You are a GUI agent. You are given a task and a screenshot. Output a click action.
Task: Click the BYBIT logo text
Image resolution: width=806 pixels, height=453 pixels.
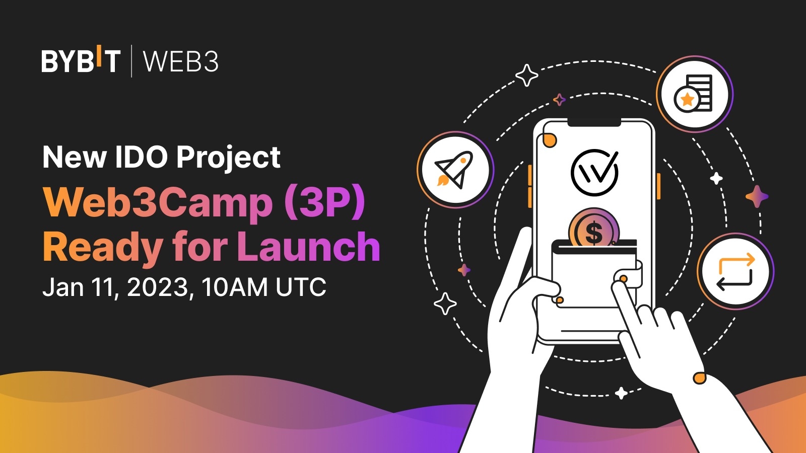tap(81, 61)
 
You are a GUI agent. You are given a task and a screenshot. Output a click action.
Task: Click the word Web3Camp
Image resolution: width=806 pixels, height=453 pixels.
tap(158, 202)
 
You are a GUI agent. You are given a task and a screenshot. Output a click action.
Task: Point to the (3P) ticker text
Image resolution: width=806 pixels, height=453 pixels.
tap(324, 202)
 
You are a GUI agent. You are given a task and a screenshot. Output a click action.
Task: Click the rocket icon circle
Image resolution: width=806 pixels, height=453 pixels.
tap(455, 170)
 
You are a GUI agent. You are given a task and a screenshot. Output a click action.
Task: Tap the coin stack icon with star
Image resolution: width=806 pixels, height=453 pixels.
tap(694, 94)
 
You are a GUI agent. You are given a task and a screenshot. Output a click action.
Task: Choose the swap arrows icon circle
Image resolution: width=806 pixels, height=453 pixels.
tap(735, 272)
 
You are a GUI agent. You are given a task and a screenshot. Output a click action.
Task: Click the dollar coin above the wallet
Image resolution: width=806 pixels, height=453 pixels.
tap(594, 229)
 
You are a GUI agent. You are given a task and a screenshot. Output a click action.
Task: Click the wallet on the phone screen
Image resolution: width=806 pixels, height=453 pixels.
tap(594, 274)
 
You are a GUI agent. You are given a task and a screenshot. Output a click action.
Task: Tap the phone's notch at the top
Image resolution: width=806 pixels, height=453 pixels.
tap(594, 122)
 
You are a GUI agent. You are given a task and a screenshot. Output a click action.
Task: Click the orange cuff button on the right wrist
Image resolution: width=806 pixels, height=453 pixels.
tap(699, 378)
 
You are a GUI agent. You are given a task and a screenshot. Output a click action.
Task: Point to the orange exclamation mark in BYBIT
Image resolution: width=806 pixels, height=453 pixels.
tap(99, 55)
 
